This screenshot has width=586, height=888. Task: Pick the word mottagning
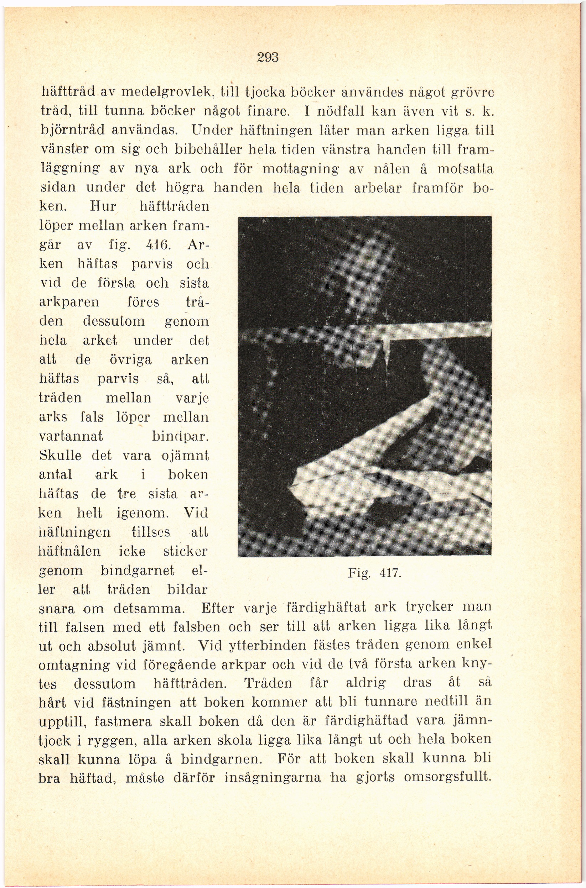300,169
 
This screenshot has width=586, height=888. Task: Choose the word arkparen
69,302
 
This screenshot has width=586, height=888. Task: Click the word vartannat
71,436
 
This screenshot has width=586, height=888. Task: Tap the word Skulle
60,456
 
